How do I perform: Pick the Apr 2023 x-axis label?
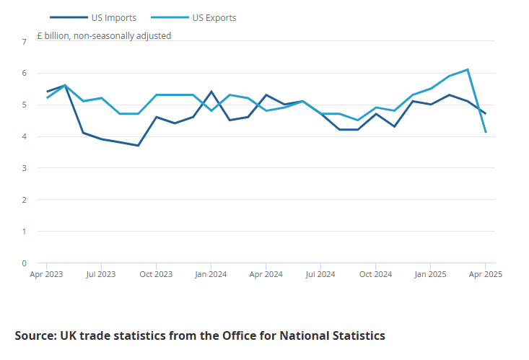(x=46, y=274)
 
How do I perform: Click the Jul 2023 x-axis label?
(x=101, y=274)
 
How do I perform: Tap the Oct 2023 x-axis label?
(x=156, y=274)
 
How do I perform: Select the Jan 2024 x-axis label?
(x=211, y=274)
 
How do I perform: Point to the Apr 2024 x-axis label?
(x=266, y=274)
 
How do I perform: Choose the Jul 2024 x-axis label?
(x=320, y=274)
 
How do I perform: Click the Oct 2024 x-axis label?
(x=375, y=274)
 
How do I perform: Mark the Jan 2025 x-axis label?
(x=431, y=274)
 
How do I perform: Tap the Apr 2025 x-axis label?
(x=485, y=274)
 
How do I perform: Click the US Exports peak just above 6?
(x=468, y=70)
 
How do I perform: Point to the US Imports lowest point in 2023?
(x=138, y=146)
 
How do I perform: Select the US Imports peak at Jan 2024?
(x=211, y=92)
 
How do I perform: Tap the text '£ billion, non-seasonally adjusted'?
(x=104, y=35)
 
